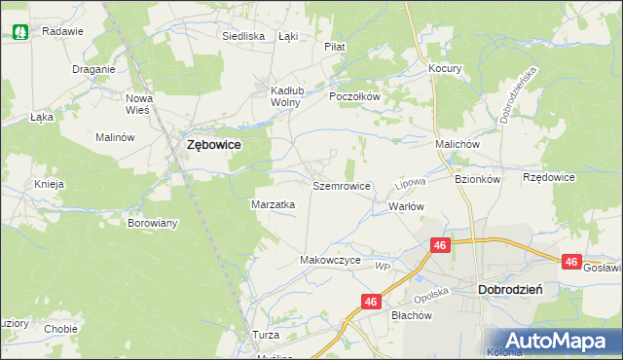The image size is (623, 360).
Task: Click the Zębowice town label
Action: point(214,145)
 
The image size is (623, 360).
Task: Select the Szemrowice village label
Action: point(341,184)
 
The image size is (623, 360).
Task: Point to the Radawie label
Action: point(63,31)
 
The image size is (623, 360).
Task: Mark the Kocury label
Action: point(445,69)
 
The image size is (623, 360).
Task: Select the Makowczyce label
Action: point(331,261)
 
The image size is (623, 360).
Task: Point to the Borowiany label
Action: point(153,223)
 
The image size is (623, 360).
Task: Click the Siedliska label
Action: point(243,36)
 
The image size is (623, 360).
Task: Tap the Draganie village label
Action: point(94,69)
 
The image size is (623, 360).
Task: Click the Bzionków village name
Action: point(477,179)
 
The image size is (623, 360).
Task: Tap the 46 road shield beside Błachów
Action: point(370,303)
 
